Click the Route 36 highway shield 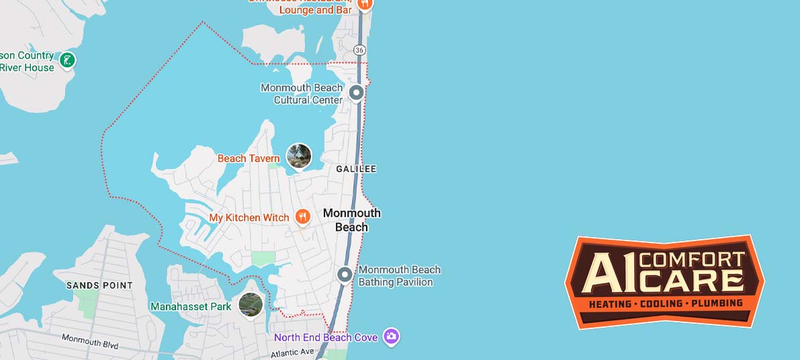[360, 50]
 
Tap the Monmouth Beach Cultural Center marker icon [356, 93]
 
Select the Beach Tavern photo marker [299, 156]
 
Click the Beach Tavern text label [249, 159]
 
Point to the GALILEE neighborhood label [356, 169]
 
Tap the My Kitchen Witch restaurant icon [303, 217]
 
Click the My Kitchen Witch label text [249, 218]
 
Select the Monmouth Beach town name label [352, 220]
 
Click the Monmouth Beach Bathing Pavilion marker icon [345, 274]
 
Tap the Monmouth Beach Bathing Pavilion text [400, 276]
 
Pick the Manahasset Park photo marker [251, 304]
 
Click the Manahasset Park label [191, 307]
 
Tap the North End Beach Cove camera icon [392, 336]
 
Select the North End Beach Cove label [326, 337]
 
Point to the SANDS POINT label [99, 285]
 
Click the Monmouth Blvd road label [90, 341]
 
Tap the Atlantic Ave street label [292, 352]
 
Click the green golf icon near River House [67, 61]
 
